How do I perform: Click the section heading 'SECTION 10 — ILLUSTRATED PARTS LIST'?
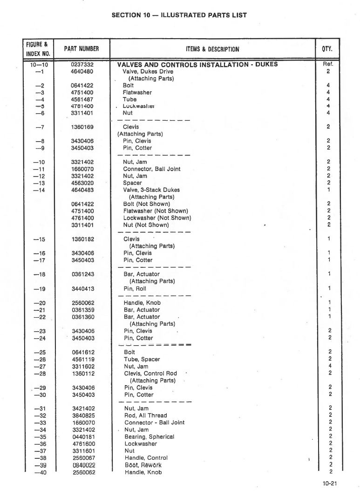pos(179,15)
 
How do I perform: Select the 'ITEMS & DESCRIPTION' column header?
pos(211,49)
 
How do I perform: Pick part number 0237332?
pos(82,65)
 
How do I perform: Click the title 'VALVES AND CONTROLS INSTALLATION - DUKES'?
pos(197,65)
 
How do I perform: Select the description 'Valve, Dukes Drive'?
pos(148,72)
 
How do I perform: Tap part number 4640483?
pos(82,190)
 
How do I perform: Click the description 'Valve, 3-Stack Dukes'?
pos(151,190)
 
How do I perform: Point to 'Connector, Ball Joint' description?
pos(151,169)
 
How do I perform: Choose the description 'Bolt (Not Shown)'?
pos(146,204)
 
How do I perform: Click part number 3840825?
pos(82,416)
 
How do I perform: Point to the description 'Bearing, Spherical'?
pos(149,437)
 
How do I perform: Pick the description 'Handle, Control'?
pos(146,458)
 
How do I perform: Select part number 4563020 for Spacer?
pos(82,183)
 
